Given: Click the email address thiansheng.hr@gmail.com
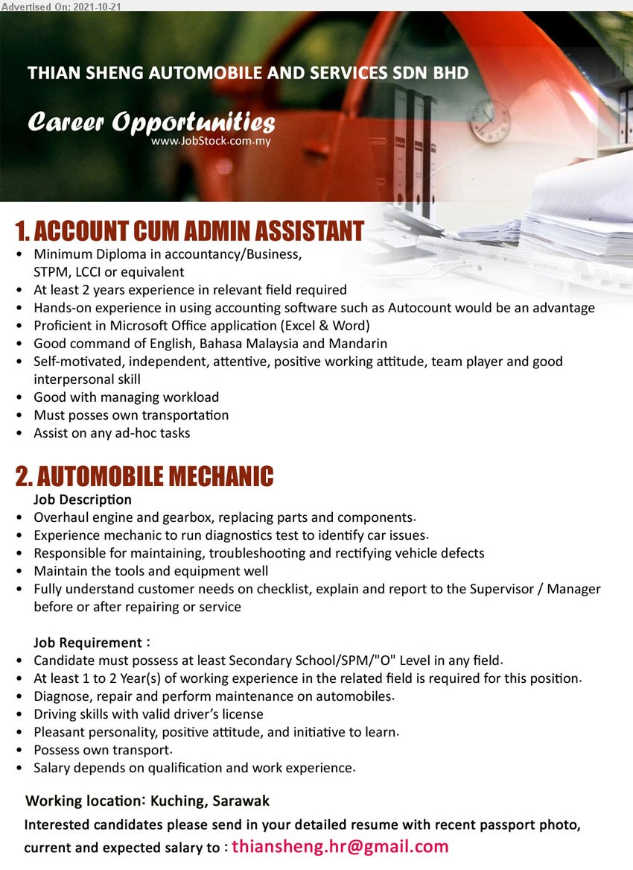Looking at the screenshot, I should point(340,846).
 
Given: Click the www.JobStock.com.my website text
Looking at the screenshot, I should point(211,141).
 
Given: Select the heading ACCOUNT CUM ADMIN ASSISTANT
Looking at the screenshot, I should point(189,231).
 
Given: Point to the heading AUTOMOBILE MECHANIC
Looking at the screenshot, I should point(144,475).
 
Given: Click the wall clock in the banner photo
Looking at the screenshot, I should point(489,120).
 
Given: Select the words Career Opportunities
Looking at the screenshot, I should point(151,122).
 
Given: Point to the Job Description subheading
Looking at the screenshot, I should point(83,499).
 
